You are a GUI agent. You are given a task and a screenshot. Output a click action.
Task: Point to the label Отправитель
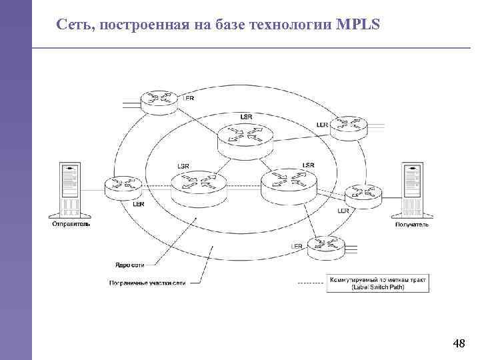(70, 225)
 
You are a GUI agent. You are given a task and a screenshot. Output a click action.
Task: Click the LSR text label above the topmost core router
(246, 116)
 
